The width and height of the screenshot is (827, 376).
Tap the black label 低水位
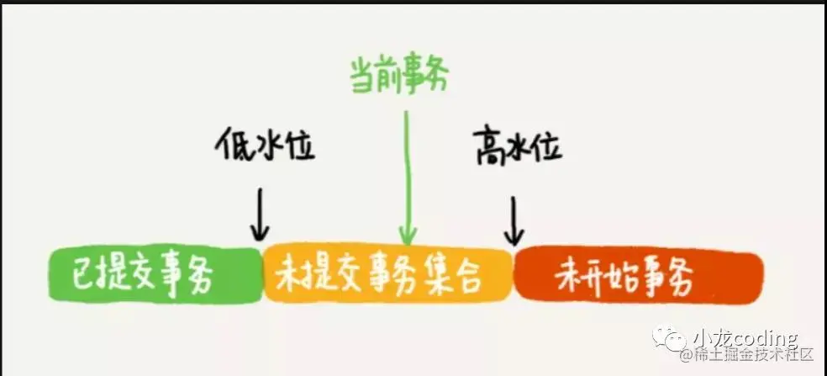point(264,146)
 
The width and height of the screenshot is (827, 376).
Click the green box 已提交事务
point(155,276)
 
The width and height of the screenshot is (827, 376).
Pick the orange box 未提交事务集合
point(387,276)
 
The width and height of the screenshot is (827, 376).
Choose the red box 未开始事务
point(638,276)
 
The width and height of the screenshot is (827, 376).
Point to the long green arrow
point(407,177)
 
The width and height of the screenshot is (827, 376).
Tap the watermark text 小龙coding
point(745,337)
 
